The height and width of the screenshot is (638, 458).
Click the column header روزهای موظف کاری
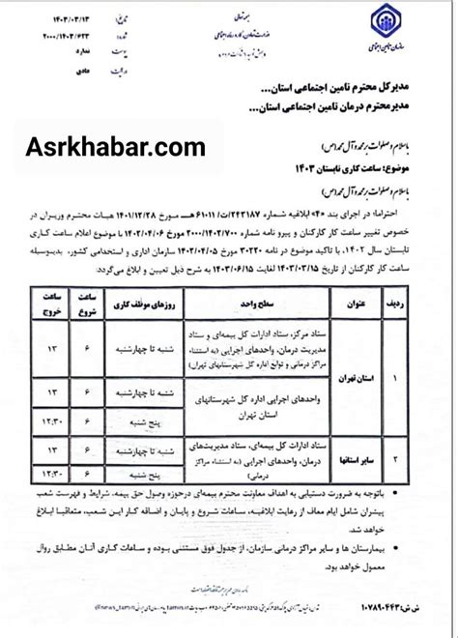coord(145,301)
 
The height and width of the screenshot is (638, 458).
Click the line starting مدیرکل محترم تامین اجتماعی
coord(348,88)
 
